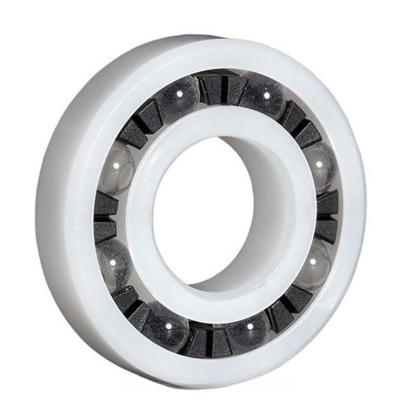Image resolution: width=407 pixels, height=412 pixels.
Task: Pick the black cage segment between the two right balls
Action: [x=327, y=210]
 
